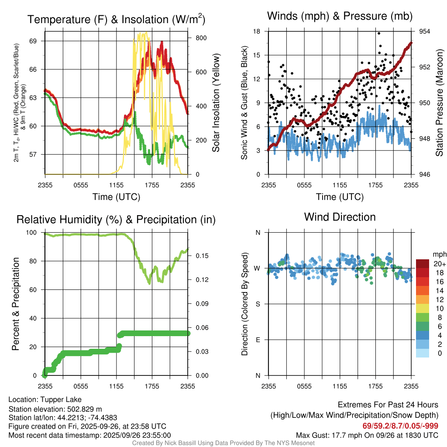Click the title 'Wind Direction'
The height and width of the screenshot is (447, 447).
coord(340,217)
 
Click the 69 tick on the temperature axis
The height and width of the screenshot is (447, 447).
coord(38,41)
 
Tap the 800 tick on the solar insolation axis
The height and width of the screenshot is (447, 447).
coord(200,38)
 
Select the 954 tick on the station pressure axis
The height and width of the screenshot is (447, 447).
coord(425,31)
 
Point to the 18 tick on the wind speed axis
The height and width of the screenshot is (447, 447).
coord(257,31)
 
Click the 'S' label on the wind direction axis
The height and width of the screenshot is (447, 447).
coord(258,304)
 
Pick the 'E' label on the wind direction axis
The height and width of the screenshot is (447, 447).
coord(258,340)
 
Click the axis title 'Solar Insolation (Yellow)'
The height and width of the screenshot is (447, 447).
coord(216,103)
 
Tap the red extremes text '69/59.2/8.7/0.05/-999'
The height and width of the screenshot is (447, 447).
coord(400,426)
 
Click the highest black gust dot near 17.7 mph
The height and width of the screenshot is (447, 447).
coord(379,33)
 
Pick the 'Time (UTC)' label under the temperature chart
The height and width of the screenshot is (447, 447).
coord(116,197)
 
